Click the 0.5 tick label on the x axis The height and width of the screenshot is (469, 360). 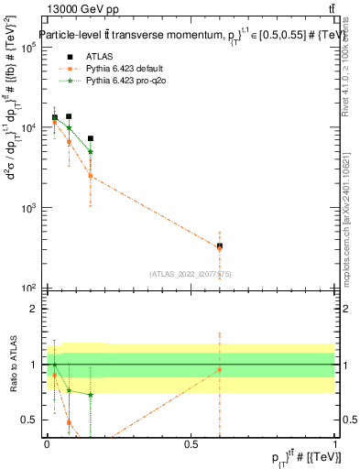pos(191,444)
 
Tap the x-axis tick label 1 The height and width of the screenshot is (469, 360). pos(335,444)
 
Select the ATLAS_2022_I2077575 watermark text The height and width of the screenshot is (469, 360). pos(191,273)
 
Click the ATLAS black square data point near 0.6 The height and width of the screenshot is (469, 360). pos(220,245)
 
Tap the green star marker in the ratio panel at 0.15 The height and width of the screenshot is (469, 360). pos(91,395)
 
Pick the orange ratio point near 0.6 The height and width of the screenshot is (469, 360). pos(220,370)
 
